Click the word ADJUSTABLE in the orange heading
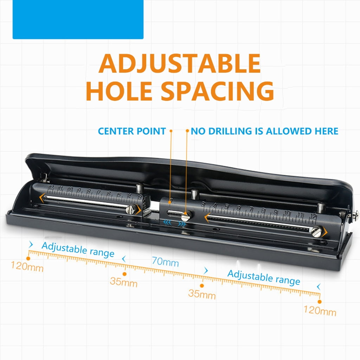click(180, 63)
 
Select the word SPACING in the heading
click(218, 91)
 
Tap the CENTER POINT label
click(132, 131)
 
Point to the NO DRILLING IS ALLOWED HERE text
click(264, 131)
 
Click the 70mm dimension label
click(165, 262)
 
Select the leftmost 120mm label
click(27, 266)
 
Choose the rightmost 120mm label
click(320, 310)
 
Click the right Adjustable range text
click(264, 277)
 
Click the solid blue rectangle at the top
click(78, 19)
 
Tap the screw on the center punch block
click(186, 216)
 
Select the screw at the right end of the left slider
click(130, 210)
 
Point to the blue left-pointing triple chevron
click(167, 223)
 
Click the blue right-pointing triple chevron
click(182, 224)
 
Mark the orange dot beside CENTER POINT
click(171, 131)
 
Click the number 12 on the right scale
click(313, 217)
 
